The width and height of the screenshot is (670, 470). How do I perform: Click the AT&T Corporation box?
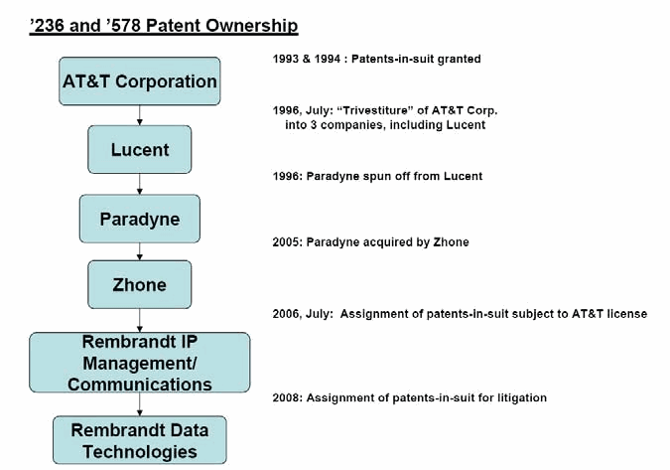coord(140,81)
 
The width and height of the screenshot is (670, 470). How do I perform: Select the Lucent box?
coord(140,150)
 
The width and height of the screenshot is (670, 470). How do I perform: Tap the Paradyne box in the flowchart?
coord(140,219)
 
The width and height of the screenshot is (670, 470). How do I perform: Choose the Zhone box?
coord(140,285)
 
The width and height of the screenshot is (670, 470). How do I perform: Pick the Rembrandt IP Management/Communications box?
coord(140,363)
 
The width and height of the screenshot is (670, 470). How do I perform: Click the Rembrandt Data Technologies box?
coord(140,440)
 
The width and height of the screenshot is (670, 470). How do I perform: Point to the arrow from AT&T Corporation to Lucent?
coord(140,115)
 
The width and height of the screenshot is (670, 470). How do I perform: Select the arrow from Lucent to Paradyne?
coord(140,184)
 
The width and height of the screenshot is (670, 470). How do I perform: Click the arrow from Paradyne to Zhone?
coord(140,252)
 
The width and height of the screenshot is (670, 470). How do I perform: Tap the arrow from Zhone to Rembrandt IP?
coord(140,321)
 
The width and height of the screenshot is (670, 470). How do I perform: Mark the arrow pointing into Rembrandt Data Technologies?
coord(140,404)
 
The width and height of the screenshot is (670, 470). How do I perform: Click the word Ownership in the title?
coord(252,26)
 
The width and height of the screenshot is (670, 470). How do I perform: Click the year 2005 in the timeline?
coord(288,242)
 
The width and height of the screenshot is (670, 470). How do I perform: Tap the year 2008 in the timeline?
coord(288,397)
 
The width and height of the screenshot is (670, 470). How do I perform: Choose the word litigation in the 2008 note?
coord(522,398)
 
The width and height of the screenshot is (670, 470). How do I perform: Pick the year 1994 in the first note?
coord(328,59)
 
